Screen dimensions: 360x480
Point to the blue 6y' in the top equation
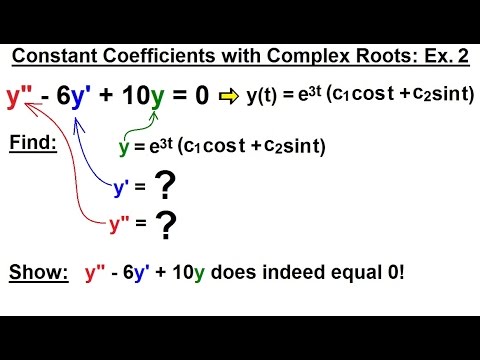75,97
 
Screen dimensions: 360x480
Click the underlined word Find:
32,145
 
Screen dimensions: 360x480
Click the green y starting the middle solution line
124,146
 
